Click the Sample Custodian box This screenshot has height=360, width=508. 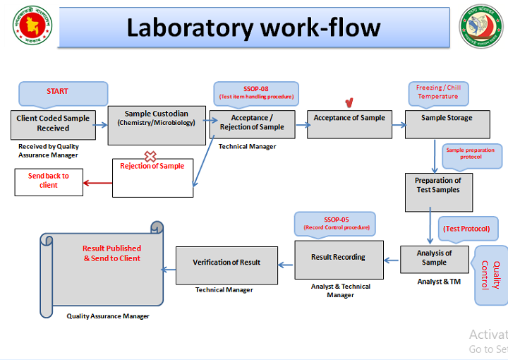[x=156, y=125]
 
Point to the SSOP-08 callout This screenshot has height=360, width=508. [x=255, y=92]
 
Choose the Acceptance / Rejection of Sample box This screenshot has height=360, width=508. [x=252, y=124]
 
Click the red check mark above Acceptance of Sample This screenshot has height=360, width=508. [x=348, y=102]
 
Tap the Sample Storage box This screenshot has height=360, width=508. [x=447, y=123]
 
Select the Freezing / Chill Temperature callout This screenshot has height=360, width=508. [x=437, y=92]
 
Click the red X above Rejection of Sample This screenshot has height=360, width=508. [x=150, y=156]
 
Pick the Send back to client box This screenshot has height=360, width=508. [x=48, y=181]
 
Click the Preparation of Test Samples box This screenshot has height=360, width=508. [x=437, y=191]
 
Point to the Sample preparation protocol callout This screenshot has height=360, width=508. [x=471, y=155]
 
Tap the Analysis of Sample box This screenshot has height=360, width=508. [x=434, y=258]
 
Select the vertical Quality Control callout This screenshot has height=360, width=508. [x=492, y=275]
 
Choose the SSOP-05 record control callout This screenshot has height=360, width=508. [x=336, y=224]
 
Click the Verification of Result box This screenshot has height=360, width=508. [x=226, y=264]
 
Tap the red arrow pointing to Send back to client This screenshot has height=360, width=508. [x=97, y=185]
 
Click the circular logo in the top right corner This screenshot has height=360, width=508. [x=483, y=26]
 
